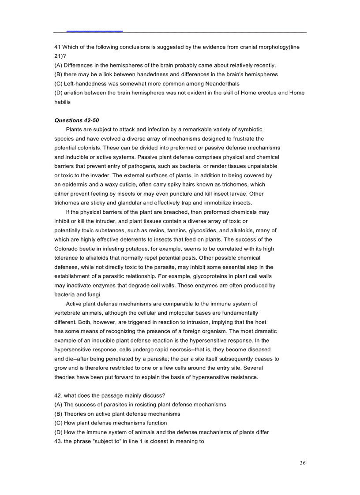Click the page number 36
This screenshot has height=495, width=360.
[302, 462]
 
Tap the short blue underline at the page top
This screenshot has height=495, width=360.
[94, 31]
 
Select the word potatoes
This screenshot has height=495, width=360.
[139, 249]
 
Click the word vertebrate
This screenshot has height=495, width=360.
[68, 313]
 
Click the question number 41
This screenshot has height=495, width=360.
[57, 47]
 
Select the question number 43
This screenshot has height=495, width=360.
[58, 441]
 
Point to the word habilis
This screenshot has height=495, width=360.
[62, 102]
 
